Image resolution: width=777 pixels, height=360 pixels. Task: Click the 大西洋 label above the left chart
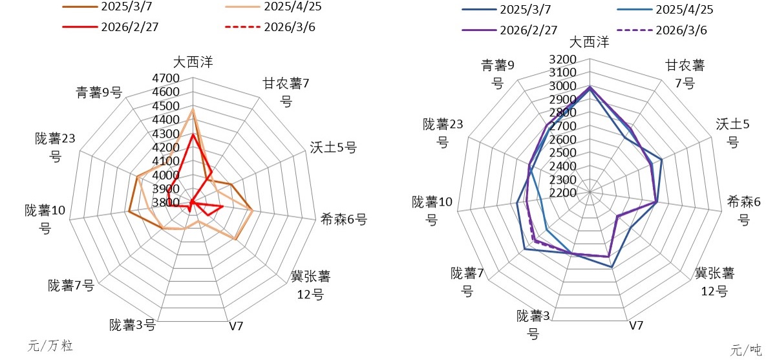(193, 62)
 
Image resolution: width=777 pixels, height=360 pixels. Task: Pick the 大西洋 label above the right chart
(589, 43)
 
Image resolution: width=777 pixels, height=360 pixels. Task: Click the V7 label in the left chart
(236, 325)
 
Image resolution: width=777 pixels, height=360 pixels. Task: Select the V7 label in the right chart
(636, 325)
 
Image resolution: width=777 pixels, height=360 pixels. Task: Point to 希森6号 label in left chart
(344, 220)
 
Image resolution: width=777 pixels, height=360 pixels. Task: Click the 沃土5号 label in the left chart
(334, 147)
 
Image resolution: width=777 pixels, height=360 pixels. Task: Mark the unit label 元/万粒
(50, 346)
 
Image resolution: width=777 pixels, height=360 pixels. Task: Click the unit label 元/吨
(746, 350)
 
